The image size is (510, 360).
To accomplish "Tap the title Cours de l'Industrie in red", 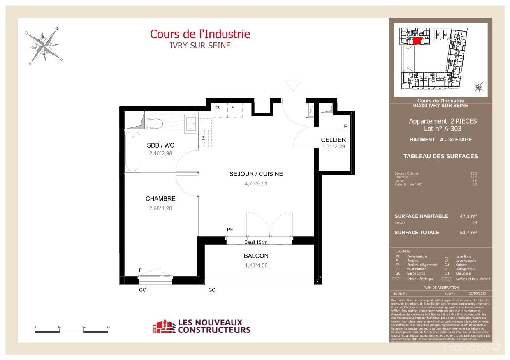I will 200,34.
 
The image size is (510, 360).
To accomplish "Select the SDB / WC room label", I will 160,145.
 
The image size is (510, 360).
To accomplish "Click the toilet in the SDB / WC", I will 152,122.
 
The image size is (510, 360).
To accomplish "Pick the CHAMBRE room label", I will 160,199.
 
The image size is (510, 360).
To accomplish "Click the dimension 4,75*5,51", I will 256,184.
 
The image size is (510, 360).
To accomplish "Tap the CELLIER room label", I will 334,140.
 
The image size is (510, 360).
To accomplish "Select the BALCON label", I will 256,256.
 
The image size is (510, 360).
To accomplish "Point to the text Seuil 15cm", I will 256,242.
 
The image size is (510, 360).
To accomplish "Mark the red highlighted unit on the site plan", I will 417,41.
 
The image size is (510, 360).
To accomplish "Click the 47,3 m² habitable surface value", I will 468,216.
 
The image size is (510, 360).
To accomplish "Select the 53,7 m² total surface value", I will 468,233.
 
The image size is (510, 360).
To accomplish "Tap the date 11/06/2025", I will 477,294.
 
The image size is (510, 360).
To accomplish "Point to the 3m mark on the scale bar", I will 108,327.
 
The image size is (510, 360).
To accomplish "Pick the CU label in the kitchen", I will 218,108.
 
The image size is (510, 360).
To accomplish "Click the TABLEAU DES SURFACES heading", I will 440,156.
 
